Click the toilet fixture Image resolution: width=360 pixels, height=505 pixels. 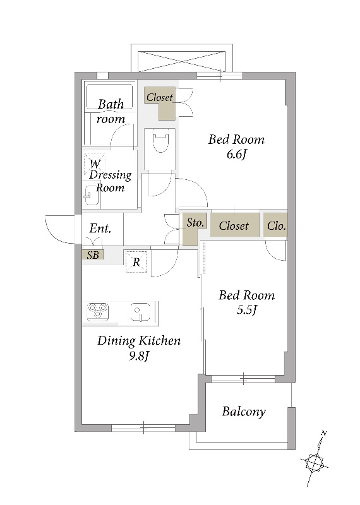(x=160, y=141)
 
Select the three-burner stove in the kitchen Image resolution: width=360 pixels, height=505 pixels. (x=98, y=312)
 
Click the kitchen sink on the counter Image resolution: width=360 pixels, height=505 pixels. (x=140, y=312)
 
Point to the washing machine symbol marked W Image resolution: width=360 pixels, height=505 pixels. (x=95, y=163)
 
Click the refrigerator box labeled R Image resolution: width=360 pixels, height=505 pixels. (x=136, y=262)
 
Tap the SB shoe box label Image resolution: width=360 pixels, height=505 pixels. (x=93, y=255)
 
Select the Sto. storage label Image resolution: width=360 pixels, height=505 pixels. (x=195, y=223)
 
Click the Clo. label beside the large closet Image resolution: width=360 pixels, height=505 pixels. (x=276, y=226)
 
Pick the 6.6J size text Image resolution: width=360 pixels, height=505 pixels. (x=237, y=155)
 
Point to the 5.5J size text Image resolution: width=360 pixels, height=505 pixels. (x=246, y=310)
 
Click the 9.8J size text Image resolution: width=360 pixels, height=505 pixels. (x=139, y=356)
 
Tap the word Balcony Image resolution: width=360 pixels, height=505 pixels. (x=244, y=412)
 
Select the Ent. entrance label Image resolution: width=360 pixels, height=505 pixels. (x=100, y=229)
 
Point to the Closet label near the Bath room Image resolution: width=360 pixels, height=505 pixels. (x=160, y=97)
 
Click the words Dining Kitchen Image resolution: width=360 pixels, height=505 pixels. (x=139, y=341)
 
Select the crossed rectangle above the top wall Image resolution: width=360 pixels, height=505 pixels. (x=181, y=61)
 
